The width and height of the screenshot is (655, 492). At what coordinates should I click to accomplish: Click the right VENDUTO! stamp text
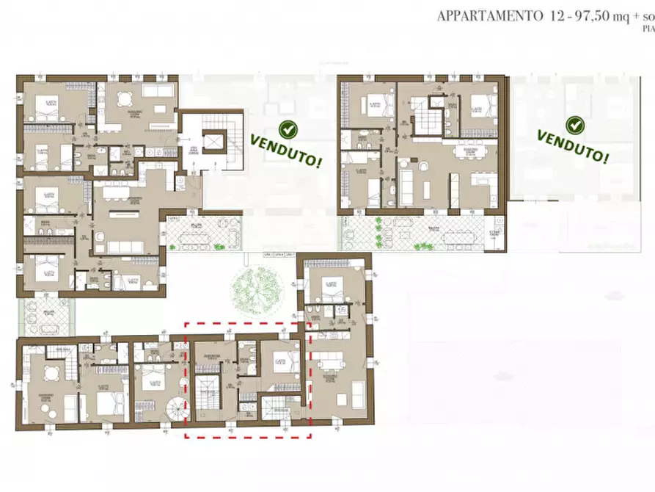573,145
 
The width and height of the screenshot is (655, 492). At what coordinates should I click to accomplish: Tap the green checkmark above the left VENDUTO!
289,130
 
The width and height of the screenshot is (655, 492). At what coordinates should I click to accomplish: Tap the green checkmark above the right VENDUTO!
575,126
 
